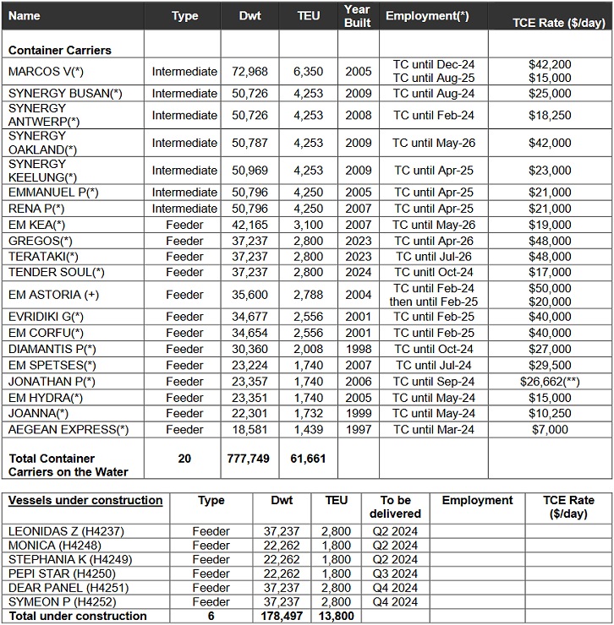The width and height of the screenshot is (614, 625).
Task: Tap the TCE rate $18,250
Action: coord(549,116)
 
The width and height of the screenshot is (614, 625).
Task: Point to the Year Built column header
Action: coord(358,16)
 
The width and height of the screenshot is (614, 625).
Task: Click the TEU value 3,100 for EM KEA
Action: coord(309,225)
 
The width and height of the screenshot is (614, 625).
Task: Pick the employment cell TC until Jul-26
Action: coord(433,257)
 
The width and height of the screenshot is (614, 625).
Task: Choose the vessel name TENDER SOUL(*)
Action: coord(57,272)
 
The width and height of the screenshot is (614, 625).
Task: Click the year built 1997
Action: coord(358,430)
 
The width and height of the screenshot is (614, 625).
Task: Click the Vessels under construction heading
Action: coord(85,501)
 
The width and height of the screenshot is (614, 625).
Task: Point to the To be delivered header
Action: coord(395,507)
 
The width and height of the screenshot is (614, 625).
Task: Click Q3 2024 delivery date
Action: coord(395,573)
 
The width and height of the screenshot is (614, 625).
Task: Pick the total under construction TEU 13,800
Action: coord(337,617)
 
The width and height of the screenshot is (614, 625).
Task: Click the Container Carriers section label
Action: coord(59,51)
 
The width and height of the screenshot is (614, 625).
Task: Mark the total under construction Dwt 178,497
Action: coord(281,617)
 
